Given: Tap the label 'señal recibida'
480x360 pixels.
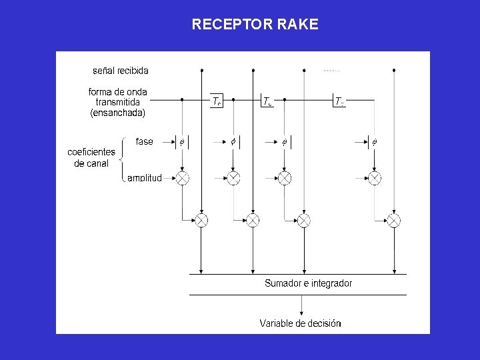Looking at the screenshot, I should pos(120,70).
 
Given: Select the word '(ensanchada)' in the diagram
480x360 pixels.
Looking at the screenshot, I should pos(117,113).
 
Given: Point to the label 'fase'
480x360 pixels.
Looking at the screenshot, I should pos(144,141).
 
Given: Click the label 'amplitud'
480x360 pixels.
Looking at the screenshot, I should pos(144,178).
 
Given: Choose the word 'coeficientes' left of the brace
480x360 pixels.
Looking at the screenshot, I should pos(91,152).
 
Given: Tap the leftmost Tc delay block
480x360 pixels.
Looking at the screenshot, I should pos(217,101).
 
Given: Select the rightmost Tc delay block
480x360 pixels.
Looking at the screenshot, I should pos(339,101).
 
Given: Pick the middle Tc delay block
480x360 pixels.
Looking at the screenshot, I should pos(267,101).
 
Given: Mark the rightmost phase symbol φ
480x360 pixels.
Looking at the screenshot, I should pos(374,141).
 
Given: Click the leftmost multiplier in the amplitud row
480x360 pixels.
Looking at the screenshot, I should pos(182,178).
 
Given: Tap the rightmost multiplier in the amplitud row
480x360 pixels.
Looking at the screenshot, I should pos(375,178).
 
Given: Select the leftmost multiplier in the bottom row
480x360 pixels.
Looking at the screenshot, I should pos(201,220).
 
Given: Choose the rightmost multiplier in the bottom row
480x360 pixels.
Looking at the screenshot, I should pos(394,220).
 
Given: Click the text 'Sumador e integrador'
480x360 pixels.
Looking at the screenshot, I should pos(308,283).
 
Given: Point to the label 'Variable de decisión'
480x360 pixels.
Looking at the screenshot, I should pos(300,323).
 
